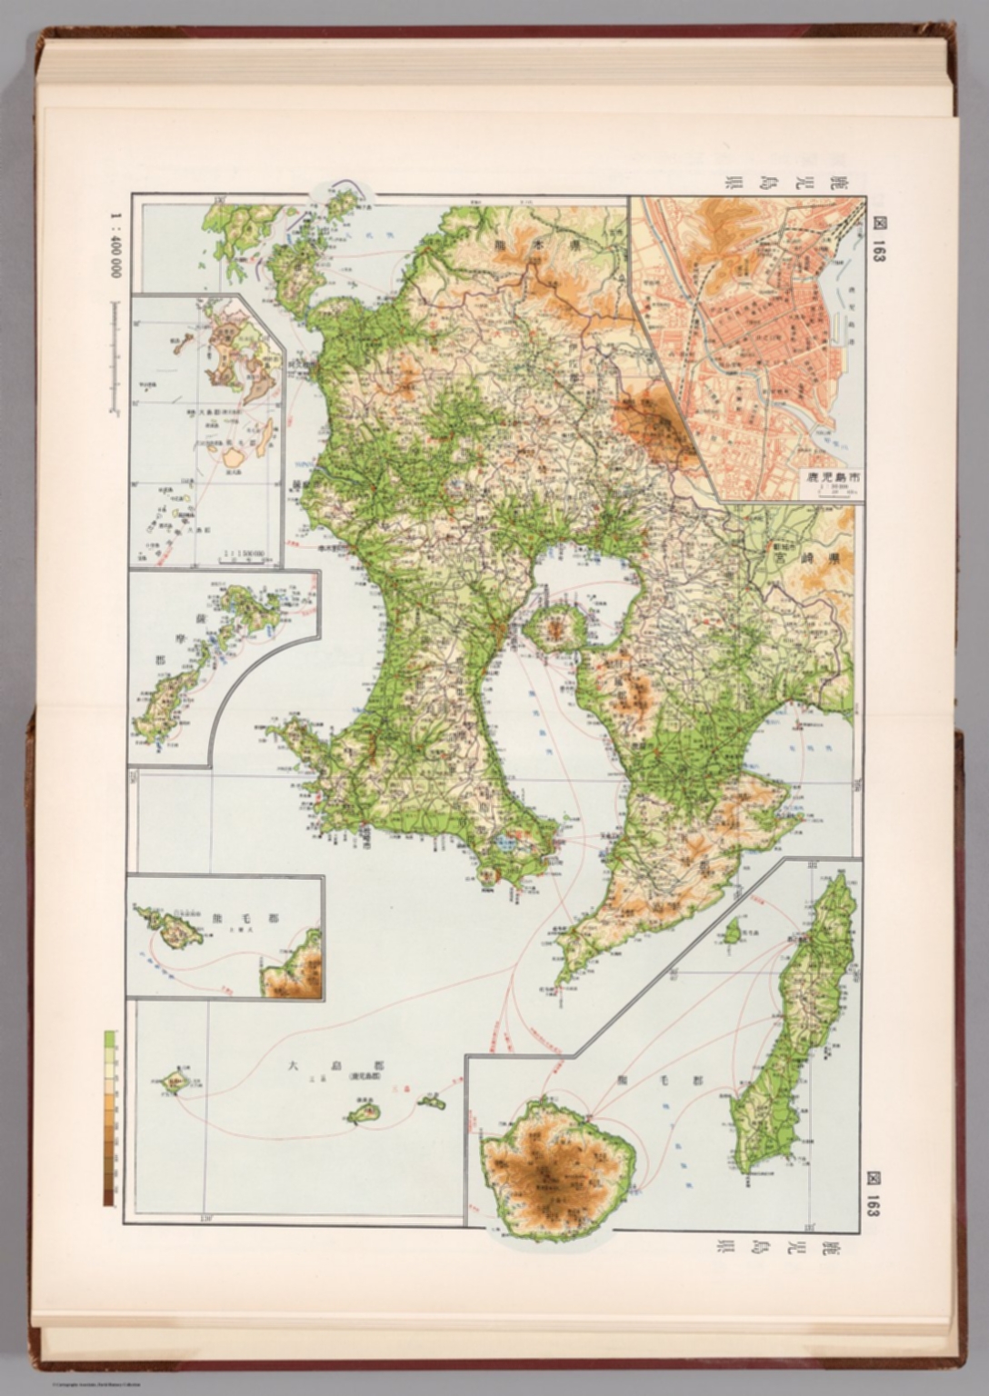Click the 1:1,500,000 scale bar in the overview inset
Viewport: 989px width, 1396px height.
[x=239, y=558]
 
